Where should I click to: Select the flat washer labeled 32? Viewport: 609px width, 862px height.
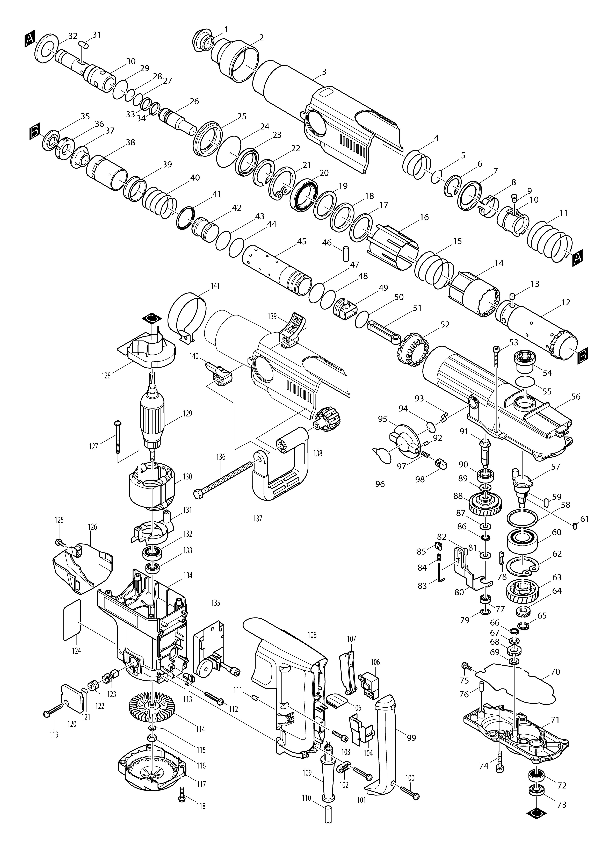47,49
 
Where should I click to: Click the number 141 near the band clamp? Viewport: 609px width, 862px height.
215,286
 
